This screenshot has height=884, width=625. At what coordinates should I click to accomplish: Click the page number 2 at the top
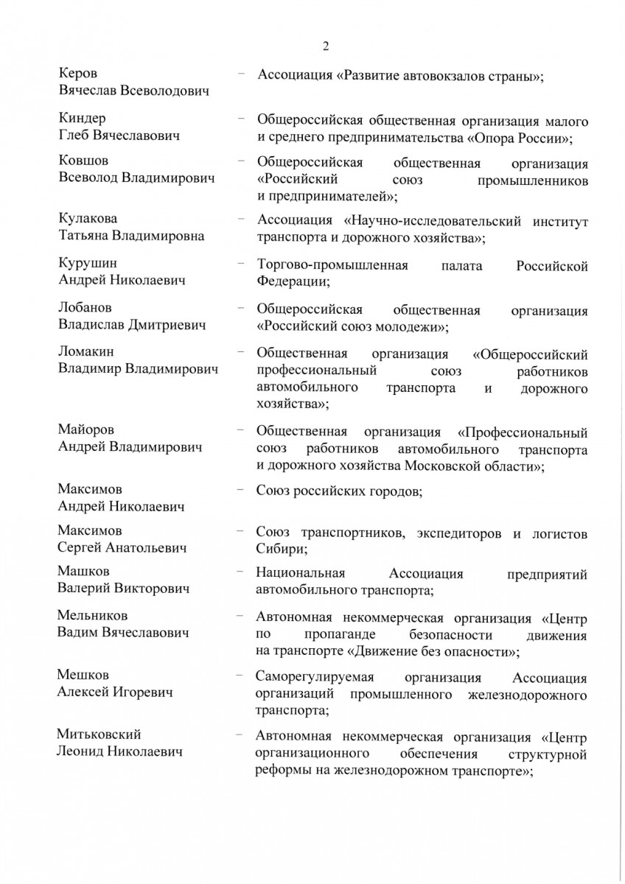(x=325, y=46)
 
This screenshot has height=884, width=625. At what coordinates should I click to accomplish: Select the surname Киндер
(x=82, y=119)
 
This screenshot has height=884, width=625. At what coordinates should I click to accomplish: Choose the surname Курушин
(x=87, y=263)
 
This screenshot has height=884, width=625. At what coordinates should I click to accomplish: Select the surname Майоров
(x=85, y=429)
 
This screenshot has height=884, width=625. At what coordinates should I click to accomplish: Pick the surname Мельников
(x=92, y=615)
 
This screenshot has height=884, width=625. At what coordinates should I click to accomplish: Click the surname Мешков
(x=83, y=676)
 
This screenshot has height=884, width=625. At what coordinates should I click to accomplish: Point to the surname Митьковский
(x=99, y=734)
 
